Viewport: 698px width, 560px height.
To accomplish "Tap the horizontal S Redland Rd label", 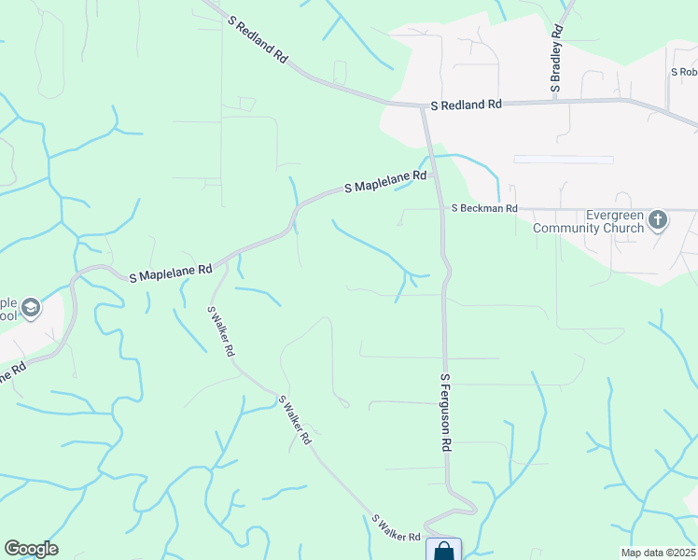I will coord(466,105).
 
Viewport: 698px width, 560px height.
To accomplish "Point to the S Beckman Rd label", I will coord(484,209).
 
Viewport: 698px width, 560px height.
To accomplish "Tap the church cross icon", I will coord(658,220).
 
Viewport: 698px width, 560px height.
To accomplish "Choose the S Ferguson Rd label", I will coord(446,413).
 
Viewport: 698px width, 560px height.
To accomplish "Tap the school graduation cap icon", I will coord(32,308).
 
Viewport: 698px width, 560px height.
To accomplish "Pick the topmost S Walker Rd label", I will coord(220,332).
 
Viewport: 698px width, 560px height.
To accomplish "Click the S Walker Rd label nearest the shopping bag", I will coord(396,528).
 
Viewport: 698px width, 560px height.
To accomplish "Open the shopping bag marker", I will coord(443,551).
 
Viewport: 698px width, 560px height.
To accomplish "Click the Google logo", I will coord(31,549).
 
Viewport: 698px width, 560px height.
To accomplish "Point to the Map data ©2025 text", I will coord(657,553).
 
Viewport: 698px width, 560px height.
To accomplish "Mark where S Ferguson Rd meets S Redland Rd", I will coord(424,105).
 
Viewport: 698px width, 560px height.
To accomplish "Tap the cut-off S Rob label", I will coord(684,71).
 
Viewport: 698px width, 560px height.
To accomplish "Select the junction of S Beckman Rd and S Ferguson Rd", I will coord(441,209).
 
